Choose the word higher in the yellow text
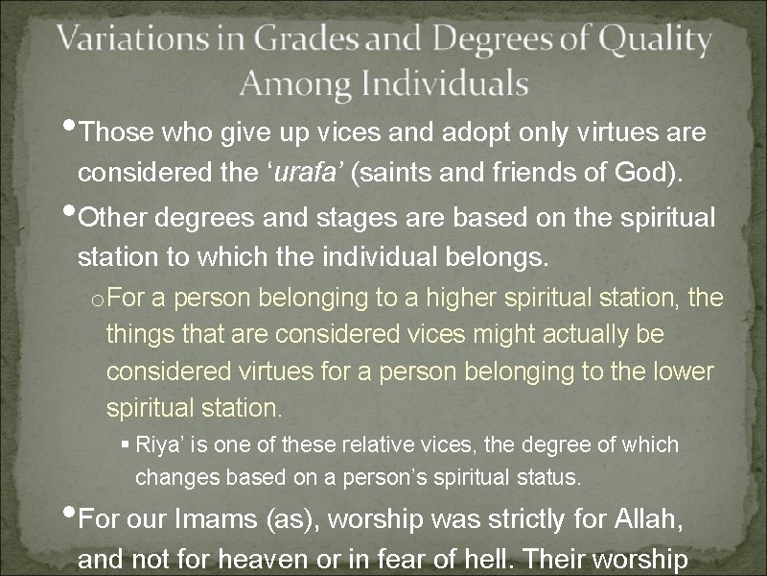click(x=442, y=299)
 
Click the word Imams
click(x=219, y=519)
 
